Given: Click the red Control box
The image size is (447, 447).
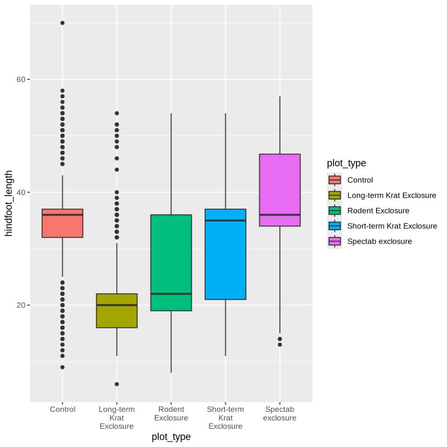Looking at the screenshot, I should pos(62,223).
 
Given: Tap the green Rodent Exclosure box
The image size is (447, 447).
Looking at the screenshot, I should pos(171,263).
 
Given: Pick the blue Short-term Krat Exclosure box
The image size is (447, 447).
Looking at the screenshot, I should pos(225,254).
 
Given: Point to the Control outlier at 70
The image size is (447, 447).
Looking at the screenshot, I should pos(62,23).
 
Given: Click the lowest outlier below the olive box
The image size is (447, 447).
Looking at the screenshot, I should pos(116,384).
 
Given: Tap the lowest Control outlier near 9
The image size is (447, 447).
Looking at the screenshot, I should pos(62,367).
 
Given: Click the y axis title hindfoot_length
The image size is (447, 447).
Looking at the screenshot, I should pos(8,204).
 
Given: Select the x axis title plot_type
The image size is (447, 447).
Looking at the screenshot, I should pos(171,437).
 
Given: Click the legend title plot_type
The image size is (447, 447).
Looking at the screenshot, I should pos(347,163).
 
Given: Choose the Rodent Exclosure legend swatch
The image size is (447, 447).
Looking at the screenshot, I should pos(335,211).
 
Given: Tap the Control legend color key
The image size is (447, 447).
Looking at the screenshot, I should pos(335,180).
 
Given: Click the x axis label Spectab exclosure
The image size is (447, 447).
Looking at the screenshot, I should pos(280,413).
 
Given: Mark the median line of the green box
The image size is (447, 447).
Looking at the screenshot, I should pos(171,294).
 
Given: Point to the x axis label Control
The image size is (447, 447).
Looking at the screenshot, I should pos(62,410).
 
